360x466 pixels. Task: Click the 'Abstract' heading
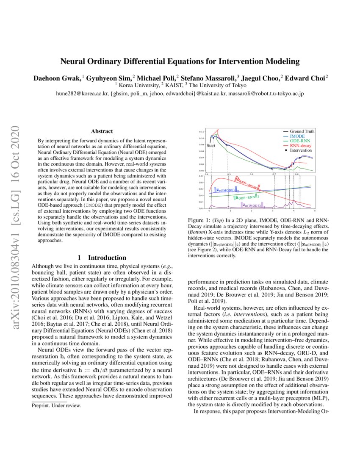(102, 131)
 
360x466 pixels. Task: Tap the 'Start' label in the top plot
(211, 146)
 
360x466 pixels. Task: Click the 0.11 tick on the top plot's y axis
(201, 132)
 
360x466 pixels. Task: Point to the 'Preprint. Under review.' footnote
(56, 405)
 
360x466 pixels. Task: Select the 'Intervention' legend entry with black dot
(301, 150)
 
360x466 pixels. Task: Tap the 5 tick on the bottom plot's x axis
(315, 210)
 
